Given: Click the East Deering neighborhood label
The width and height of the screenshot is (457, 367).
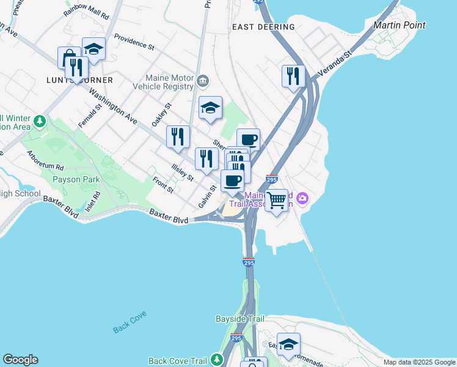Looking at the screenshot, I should point(263,27).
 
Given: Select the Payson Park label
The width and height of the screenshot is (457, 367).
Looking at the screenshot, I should point(76,179).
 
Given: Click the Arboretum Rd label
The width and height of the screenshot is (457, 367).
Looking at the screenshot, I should point(45,160).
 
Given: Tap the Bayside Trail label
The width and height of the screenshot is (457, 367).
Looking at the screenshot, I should point(240,319).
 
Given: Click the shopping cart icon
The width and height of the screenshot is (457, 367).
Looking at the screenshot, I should point(277,199).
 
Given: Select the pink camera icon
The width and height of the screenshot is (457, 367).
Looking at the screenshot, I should point(302,198).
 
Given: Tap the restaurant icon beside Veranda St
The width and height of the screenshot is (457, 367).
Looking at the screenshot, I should point(293,76).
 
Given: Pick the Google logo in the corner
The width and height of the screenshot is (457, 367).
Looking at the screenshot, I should point(20,360).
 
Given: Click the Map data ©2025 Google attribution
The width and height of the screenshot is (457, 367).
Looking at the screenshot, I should point(419,361).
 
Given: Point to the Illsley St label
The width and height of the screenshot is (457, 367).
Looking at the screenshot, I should point(182,172).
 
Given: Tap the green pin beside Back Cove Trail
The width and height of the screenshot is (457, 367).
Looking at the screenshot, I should point(216,360).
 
